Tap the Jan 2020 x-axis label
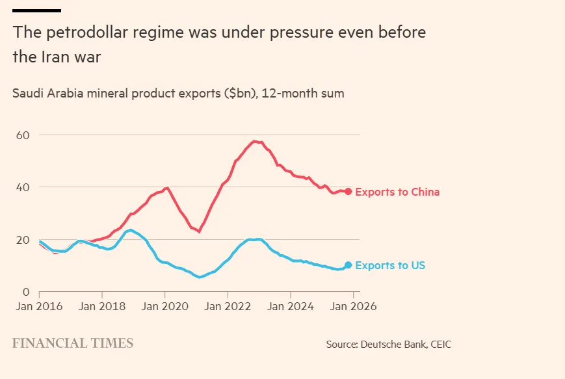coord(164,306)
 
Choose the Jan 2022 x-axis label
coord(227,306)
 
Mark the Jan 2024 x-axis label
coord(290,306)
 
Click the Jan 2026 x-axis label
coord(352,306)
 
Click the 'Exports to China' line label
coord(397,192)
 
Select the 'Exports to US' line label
coord(390,265)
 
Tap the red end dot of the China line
coord(348,192)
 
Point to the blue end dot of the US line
coord(348,265)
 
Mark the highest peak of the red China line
coord(255,141)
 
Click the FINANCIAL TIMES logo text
coord(73,343)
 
